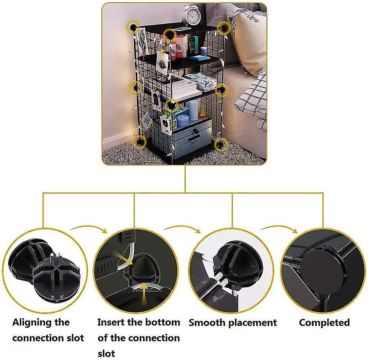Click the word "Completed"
324,322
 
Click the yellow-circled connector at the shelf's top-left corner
134,27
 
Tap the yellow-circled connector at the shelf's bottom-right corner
221,145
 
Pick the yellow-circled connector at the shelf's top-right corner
224,27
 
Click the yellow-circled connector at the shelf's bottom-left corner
141,142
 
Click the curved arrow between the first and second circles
89,229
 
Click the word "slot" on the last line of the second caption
106,353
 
